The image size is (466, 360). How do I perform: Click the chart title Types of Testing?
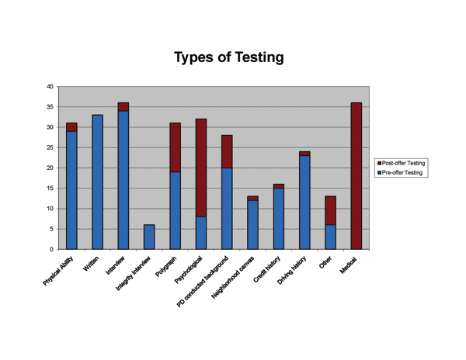coord(229,57)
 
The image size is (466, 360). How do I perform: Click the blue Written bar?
coord(97,182)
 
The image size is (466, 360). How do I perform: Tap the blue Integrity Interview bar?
coord(149,237)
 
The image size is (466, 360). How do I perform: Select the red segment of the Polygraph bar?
coord(175,147)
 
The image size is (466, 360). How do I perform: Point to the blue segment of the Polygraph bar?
coord(175,210)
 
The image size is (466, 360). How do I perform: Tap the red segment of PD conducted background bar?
coord(227,151)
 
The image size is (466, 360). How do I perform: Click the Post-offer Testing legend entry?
coord(402,163)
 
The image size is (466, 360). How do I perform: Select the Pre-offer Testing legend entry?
coord(402,172)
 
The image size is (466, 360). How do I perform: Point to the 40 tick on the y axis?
coord(50,87)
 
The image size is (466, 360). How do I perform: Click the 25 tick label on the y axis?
coord(50,147)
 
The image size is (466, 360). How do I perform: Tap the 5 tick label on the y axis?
coord(52,229)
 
